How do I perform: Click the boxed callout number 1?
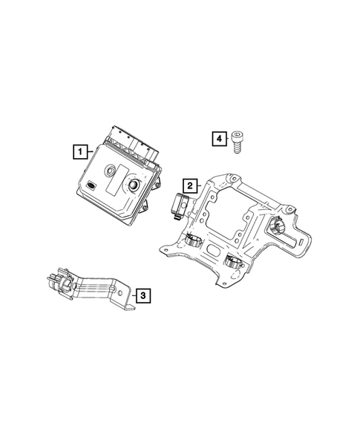(77, 152)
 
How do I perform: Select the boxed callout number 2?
(190, 185)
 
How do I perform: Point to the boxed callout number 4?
(218, 138)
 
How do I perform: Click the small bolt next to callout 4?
(238, 140)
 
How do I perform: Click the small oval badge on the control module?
(90, 185)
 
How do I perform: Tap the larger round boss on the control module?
(134, 186)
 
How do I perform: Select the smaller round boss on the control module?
(109, 169)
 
